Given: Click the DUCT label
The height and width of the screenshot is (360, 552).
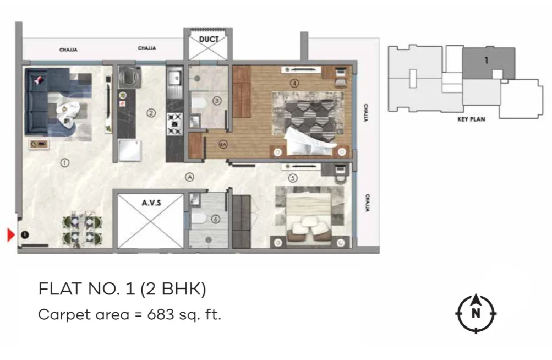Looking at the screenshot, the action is click(x=209, y=40).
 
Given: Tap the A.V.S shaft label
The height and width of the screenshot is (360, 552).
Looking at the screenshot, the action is click(x=151, y=203).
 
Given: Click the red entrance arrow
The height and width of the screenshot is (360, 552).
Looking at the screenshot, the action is click(x=11, y=235).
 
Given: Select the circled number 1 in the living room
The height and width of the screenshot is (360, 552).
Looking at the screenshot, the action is click(x=64, y=163).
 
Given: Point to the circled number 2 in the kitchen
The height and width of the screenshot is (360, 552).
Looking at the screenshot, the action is click(x=151, y=113).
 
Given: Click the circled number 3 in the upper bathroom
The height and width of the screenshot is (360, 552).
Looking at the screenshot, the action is click(x=217, y=101).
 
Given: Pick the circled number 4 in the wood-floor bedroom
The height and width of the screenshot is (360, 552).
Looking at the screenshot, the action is click(x=294, y=83).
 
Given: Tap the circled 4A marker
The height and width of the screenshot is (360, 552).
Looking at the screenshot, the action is click(x=223, y=144).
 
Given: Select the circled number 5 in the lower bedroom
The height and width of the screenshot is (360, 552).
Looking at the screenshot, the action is click(x=293, y=178).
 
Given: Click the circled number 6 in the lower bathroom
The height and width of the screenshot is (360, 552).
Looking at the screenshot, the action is click(x=215, y=219).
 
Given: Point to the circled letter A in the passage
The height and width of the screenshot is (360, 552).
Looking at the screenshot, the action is click(x=190, y=177).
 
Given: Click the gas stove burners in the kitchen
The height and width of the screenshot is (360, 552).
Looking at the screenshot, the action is click(x=174, y=124).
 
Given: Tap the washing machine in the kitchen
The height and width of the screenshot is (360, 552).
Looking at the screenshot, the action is click(x=130, y=77).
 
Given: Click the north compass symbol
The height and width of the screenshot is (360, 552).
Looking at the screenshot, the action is click(x=476, y=313).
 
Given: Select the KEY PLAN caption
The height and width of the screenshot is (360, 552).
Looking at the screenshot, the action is click(x=472, y=119).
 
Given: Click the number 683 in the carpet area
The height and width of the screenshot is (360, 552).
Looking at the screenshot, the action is click(x=161, y=314).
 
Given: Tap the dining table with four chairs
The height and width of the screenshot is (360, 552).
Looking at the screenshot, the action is click(x=83, y=230).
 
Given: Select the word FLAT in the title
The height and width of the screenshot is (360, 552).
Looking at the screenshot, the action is click(x=60, y=289).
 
